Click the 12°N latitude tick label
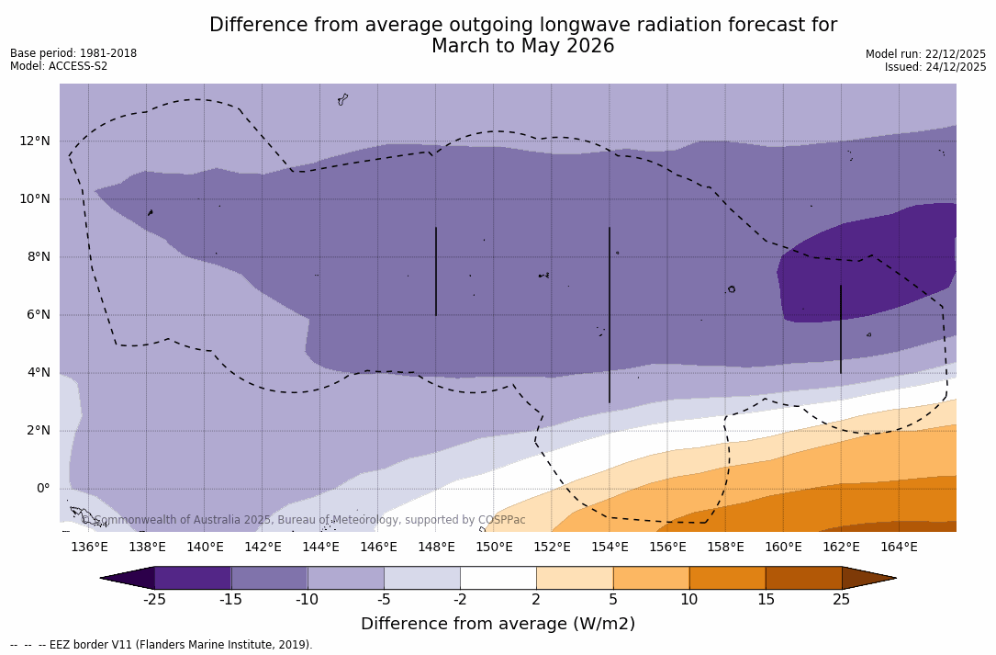pyautogui.click(x=35, y=141)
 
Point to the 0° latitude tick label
pyautogui.click(x=42, y=488)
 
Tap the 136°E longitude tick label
pyautogui.click(x=89, y=548)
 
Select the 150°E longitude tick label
pyautogui.click(x=494, y=548)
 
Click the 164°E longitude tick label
pyautogui.click(x=899, y=548)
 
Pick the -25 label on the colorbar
pyautogui.click(x=154, y=600)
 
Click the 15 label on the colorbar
pyautogui.click(x=765, y=600)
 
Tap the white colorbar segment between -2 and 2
pyautogui.click(x=498, y=578)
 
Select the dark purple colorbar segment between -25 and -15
pyautogui.click(x=193, y=578)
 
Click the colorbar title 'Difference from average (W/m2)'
pyautogui.click(x=498, y=625)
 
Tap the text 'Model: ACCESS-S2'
pyautogui.click(x=59, y=66)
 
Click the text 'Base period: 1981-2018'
pyautogui.click(x=73, y=53)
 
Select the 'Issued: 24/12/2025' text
pyautogui.click(x=935, y=67)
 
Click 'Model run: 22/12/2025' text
pyautogui.click(x=925, y=54)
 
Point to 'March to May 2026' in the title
pyautogui.click(x=523, y=47)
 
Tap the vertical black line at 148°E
pyautogui.click(x=436, y=271)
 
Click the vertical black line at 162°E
pyautogui.click(x=841, y=328)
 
